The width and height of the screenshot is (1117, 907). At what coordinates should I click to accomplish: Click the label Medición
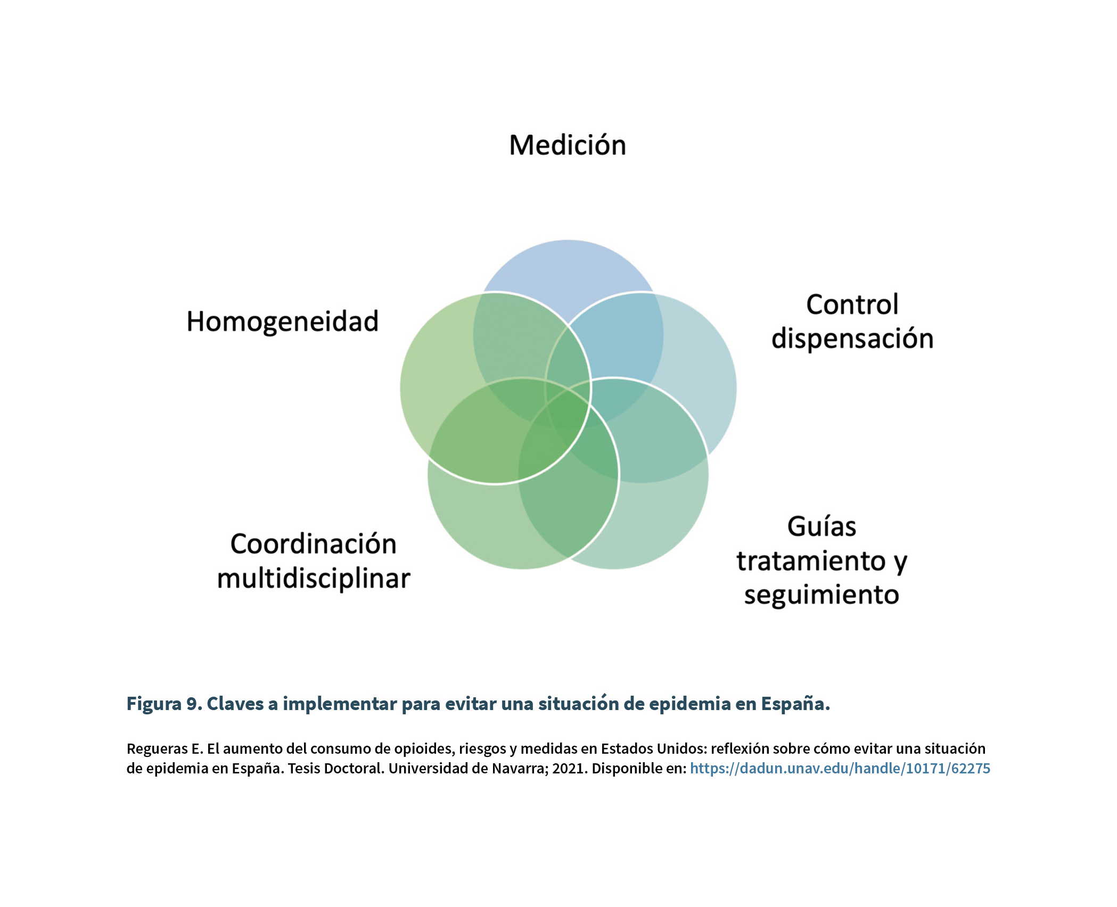568,145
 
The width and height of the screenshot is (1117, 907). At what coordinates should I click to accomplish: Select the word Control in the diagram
852,304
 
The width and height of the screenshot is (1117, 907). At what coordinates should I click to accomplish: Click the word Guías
822,526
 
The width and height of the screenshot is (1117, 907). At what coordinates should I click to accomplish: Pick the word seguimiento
822,595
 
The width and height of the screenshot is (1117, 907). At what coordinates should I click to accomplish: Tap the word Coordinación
314,544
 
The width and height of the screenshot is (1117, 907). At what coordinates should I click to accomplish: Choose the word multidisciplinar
314,579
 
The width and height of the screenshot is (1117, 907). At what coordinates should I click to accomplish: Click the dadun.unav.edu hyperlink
840,769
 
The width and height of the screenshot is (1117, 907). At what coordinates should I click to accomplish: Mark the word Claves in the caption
235,704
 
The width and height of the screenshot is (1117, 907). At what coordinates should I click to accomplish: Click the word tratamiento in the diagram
811,561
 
